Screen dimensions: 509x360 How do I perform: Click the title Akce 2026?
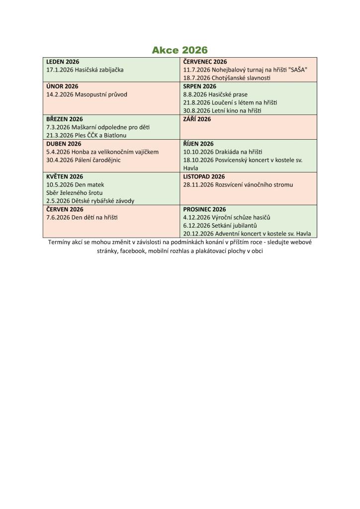[x=180, y=50]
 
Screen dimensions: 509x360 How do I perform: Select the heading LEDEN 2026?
[x=63, y=62]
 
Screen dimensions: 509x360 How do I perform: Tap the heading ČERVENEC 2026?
[x=205, y=62]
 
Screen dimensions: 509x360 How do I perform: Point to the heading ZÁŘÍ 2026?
[x=197, y=119]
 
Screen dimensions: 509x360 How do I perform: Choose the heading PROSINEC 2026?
[x=204, y=209]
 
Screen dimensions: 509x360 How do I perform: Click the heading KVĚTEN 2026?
[x=65, y=176]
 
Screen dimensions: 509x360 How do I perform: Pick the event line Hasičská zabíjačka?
[x=85, y=70]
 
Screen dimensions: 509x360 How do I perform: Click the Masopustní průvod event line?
[x=87, y=94]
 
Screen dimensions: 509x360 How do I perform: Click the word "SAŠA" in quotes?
[x=298, y=70]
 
